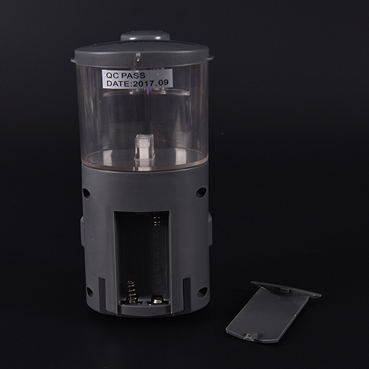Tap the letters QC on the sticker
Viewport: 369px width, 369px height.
(112, 75)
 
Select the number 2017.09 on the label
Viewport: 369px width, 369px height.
(151, 83)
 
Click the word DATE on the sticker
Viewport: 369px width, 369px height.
(117, 83)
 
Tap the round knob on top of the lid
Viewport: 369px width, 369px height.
(145, 36)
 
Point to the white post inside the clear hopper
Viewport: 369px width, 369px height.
(144, 152)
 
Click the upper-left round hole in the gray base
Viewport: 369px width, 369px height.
(86, 193)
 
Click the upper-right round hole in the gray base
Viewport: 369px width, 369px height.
(201, 192)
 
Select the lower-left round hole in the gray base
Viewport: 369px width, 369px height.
(90, 292)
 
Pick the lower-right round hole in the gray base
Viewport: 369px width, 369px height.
(202, 292)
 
